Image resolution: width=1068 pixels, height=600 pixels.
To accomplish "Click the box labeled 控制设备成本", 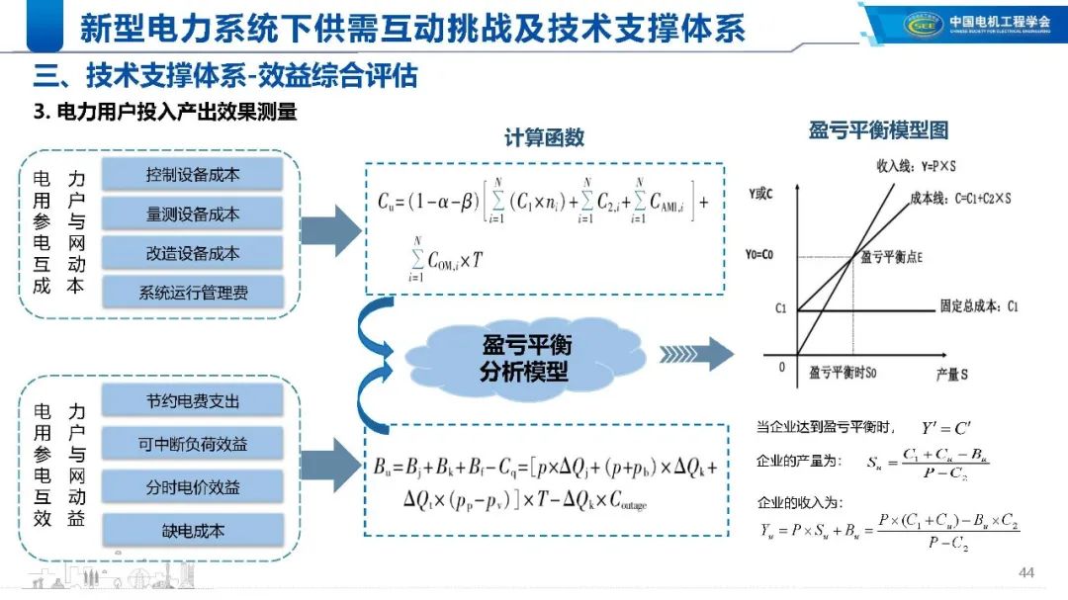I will tap(193, 175).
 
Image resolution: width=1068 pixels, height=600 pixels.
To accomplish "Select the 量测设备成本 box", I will tap(193, 214).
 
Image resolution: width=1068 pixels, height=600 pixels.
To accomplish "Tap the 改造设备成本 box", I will tap(193, 253).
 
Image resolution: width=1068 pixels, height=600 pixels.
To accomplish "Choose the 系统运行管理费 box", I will tap(193, 292).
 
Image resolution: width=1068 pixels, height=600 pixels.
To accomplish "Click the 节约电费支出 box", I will tap(193, 401).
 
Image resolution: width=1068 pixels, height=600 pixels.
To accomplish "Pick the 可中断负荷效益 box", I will tap(193, 444).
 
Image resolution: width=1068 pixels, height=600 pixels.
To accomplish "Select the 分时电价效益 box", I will tap(193, 486).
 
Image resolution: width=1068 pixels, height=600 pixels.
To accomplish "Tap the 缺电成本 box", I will tap(193, 530).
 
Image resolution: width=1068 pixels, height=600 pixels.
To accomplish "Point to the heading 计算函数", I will tap(544, 138).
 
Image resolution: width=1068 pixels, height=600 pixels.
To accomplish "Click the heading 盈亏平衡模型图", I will tap(878, 129).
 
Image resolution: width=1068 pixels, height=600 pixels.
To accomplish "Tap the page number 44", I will tap(1025, 573).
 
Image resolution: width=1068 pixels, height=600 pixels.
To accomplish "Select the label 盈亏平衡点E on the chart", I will tap(892, 256).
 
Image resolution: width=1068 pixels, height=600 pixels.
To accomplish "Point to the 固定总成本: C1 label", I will tap(979, 307).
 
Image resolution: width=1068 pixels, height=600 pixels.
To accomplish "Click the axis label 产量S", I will tap(951, 376).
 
